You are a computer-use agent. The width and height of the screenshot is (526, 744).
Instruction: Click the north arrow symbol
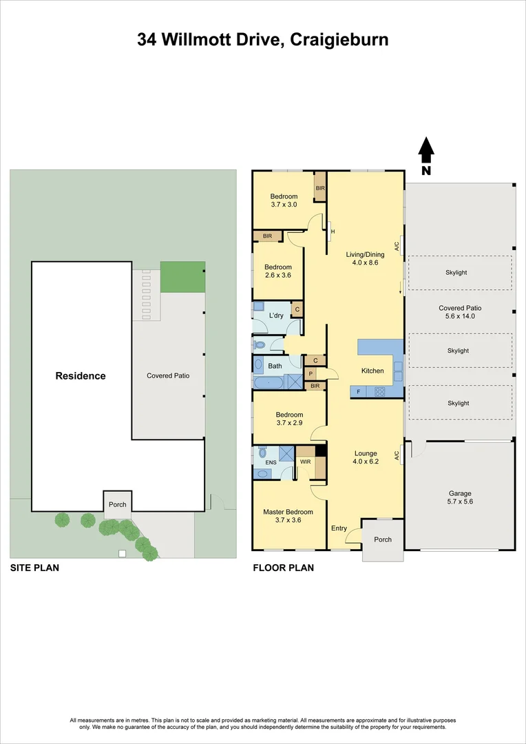click(426, 149)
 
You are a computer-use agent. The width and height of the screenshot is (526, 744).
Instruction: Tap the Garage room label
click(460, 493)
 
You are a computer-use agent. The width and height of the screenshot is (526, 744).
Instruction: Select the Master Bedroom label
click(288, 512)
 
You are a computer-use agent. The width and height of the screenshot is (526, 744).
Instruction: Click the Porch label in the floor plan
click(383, 539)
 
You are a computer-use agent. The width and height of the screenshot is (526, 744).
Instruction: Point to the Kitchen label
click(372, 371)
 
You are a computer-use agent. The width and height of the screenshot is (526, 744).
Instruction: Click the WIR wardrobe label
click(305, 462)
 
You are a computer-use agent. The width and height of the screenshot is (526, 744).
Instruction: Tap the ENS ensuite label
click(261, 463)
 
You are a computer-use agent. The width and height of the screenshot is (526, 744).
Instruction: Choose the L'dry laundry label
click(276, 316)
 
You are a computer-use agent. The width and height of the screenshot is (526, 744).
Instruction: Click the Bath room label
click(275, 366)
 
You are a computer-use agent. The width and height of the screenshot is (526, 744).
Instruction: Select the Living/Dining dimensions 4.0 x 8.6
click(365, 262)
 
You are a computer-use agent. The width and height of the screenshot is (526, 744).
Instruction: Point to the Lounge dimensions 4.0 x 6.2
click(366, 462)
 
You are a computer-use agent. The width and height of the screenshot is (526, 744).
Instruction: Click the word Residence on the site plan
click(81, 376)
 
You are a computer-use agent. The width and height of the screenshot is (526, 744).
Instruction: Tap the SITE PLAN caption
click(34, 568)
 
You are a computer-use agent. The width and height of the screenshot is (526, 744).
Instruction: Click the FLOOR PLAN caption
click(283, 568)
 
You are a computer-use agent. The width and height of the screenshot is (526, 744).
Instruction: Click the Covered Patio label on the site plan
click(168, 376)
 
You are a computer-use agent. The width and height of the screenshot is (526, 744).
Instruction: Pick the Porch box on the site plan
click(118, 504)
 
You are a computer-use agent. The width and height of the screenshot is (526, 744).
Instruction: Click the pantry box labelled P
click(311, 373)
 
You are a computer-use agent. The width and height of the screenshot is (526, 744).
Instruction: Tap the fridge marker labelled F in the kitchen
click(358, 391)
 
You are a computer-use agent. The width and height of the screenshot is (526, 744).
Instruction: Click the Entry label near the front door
click(339, 528)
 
